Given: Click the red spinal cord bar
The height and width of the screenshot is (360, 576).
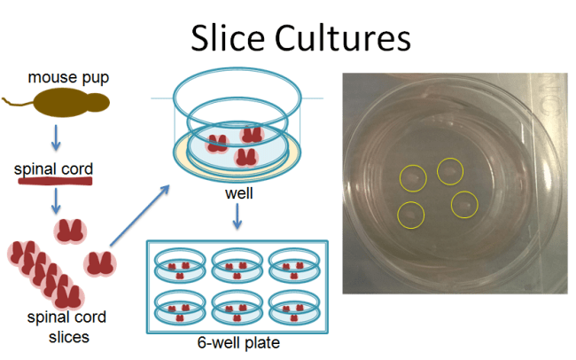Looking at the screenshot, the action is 54,183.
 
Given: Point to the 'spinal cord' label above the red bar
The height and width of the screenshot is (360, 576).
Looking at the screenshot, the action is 54,168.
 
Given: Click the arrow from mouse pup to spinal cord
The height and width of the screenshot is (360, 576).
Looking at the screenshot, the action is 55,137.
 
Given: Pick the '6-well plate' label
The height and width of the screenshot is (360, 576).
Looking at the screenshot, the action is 235,342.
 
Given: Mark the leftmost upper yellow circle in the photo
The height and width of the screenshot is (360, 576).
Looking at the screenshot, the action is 413,178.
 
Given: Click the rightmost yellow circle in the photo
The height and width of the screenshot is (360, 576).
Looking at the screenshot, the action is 464,206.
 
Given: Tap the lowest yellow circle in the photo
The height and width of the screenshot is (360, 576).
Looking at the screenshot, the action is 410,214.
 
